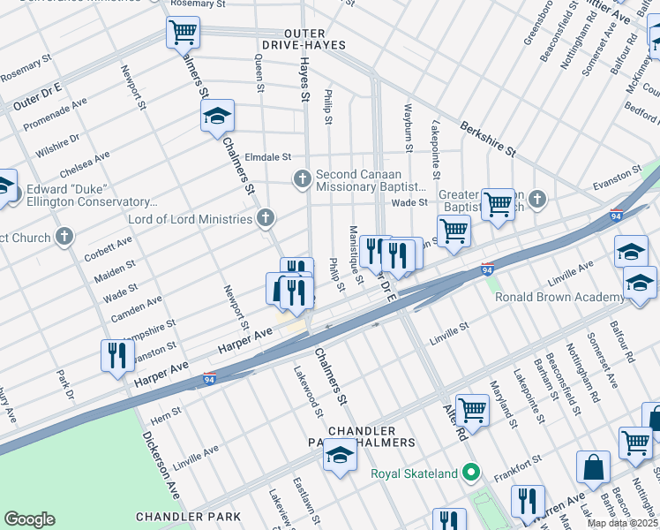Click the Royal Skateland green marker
471,473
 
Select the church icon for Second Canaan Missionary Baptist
302,180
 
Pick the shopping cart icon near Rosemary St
183,34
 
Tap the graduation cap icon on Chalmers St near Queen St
216,116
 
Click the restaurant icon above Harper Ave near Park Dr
117,355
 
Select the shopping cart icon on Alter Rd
472,409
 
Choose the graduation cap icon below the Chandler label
339,456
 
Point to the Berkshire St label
487,139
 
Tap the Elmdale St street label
267,157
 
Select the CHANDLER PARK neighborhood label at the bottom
188,516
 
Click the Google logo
29,519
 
